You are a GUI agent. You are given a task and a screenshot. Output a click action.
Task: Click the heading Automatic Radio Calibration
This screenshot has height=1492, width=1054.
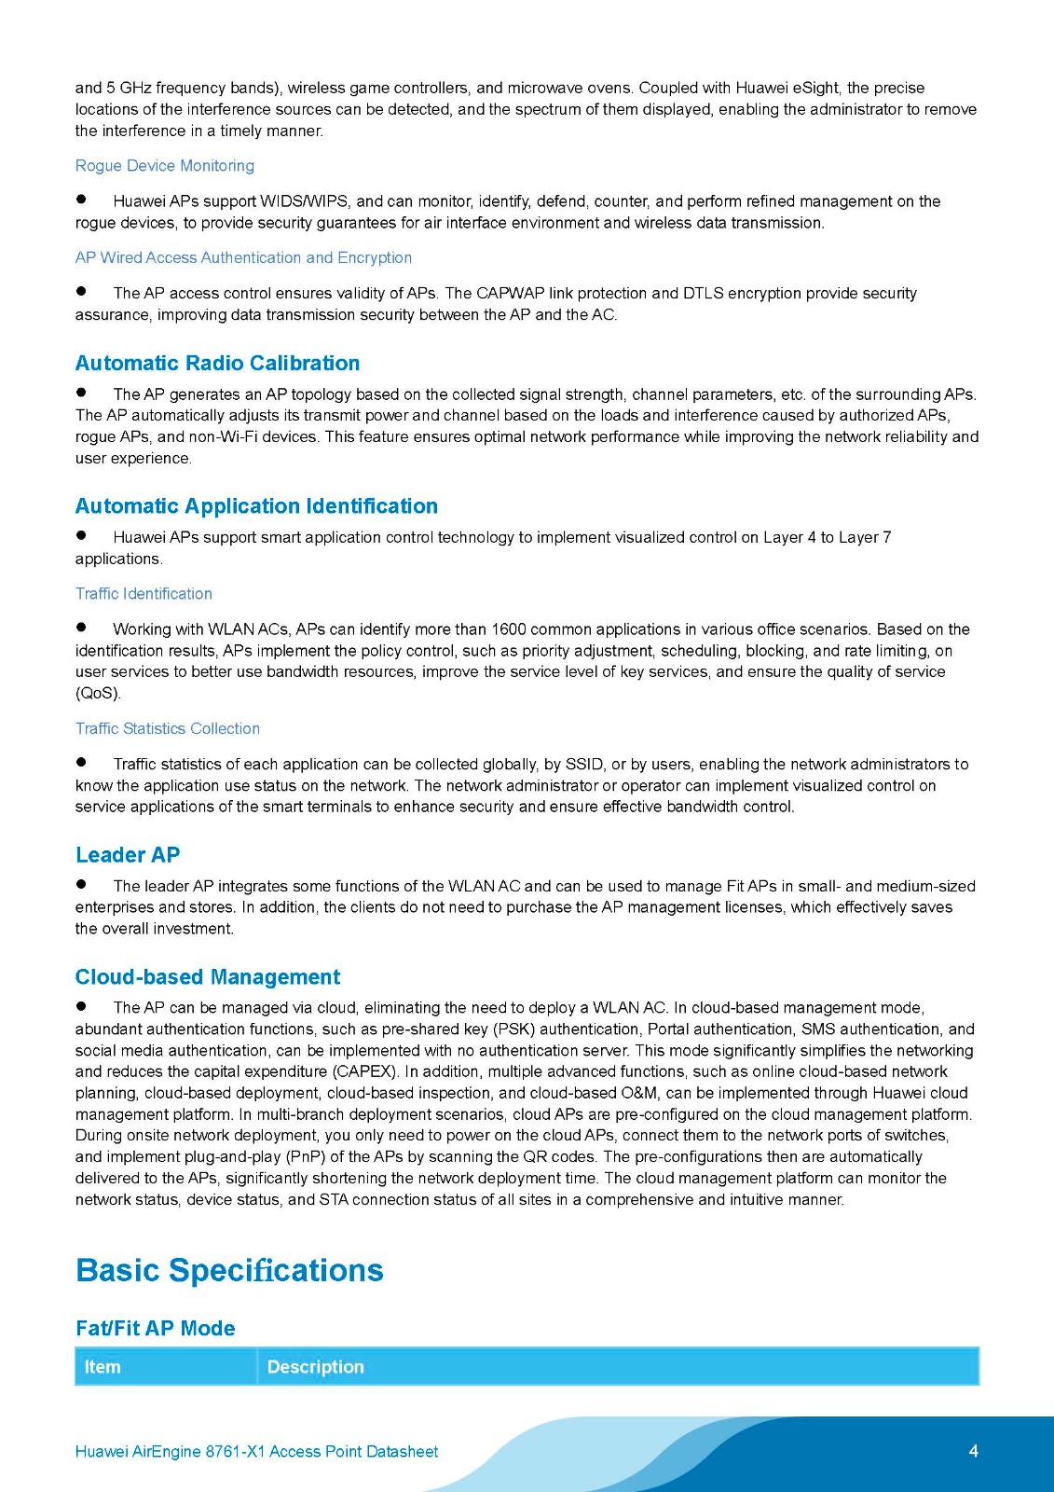point(217,364)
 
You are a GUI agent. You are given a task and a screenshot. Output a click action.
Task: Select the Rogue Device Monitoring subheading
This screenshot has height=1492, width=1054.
point(165,166)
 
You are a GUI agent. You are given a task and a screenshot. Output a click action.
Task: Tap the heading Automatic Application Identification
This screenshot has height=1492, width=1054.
point(256,506)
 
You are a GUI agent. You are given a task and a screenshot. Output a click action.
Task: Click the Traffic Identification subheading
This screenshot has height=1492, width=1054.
point(144,594)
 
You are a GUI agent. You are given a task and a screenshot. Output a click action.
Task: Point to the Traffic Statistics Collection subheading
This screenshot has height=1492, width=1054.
point(168,729)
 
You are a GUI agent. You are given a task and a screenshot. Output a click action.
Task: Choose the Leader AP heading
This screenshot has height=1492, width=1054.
point(128,855)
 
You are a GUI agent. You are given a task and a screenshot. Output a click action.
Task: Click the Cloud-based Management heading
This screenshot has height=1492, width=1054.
point(208,977)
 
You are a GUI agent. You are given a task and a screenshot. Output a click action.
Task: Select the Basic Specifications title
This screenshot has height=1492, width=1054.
point(229,1271)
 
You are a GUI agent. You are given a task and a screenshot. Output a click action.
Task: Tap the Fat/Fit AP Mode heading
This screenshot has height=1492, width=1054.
point(155,1329)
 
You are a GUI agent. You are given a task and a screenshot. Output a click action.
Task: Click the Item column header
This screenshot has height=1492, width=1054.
point(103,1367)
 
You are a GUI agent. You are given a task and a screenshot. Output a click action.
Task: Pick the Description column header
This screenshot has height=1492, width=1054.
point(315,1367)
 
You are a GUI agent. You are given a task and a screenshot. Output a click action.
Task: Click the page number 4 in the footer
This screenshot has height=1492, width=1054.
point(973,1451)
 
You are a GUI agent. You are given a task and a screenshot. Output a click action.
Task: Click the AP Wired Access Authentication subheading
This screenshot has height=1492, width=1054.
point(243,258)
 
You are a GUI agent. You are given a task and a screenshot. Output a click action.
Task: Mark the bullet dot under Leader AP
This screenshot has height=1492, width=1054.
point(81,884)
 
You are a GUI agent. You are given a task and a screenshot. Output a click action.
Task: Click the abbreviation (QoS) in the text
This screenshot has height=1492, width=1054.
point(98,694)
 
